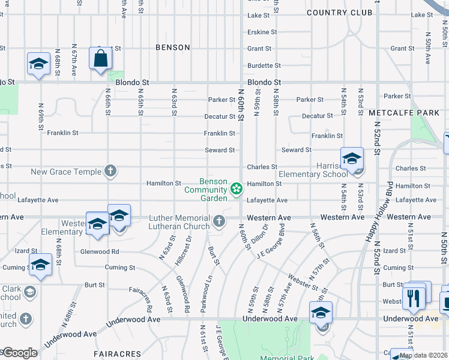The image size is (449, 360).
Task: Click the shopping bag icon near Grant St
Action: tap(101, 59)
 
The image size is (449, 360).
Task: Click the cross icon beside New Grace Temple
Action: tap(110, 172)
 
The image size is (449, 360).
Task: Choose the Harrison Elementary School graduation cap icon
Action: tap(352, 160)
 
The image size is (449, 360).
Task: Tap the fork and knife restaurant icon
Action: tap(413, 297)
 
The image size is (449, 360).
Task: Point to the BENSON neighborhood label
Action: tap(172, 47)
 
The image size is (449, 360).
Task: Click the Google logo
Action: tap(19, 353)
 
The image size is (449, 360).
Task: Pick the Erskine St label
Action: tap(262, 32)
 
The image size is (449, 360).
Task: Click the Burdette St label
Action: tap(264, 65)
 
